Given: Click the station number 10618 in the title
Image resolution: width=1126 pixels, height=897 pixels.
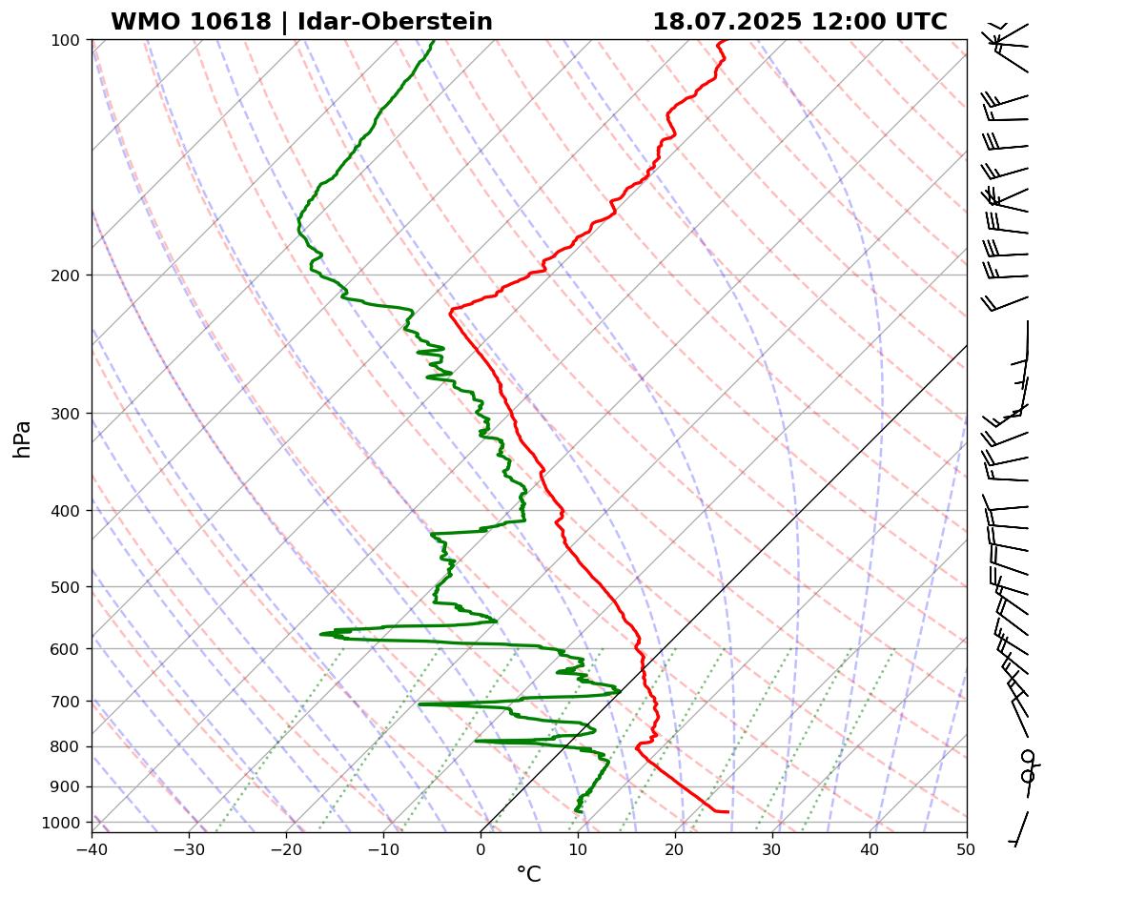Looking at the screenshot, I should [232, 22].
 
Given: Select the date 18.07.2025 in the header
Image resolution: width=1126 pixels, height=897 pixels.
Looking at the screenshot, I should [727, 22].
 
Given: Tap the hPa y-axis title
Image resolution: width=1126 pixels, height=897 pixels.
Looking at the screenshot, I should [22, 438].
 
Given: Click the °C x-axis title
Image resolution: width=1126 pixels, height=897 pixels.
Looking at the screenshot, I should [528, 874].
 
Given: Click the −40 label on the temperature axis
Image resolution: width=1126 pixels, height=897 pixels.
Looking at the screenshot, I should [92, 847].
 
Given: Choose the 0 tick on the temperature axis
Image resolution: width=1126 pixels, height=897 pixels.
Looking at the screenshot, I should [481, 847].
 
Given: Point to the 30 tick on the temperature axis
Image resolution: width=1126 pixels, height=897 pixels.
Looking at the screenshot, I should [772, 847].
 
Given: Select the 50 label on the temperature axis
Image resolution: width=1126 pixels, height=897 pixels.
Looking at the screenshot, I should [967, 847].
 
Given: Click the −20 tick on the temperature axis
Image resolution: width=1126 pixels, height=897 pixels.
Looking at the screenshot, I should [286, 847].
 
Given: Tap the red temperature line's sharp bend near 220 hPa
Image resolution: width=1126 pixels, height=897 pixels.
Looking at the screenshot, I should [451, 310].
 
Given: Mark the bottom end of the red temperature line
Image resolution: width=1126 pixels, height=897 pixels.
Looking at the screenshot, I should [727, 811].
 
